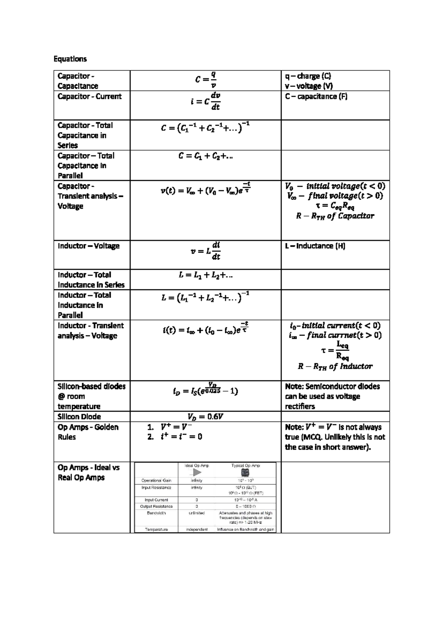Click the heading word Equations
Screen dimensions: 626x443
[70, 59]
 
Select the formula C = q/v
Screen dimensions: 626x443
[206, 80]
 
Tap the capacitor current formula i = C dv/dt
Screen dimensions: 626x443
[206, 102]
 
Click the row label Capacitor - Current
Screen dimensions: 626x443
[89, 96]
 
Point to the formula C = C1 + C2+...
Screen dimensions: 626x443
[206, 156]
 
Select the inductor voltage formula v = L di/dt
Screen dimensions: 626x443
[206, 251]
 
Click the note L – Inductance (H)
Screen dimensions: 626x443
[315, 246]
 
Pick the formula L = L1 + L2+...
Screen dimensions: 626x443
[206, 275]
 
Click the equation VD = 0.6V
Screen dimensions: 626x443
[206, 417]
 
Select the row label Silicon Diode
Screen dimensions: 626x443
[79, 417]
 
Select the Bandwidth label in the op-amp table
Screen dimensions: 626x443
[156, 513]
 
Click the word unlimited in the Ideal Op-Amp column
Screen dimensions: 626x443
[197, 513]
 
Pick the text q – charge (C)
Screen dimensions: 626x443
[308, 76]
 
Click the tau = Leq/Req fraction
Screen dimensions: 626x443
[336, 351]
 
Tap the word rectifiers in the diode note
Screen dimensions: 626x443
[300, 406]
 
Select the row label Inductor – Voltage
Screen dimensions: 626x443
[89, 246]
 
